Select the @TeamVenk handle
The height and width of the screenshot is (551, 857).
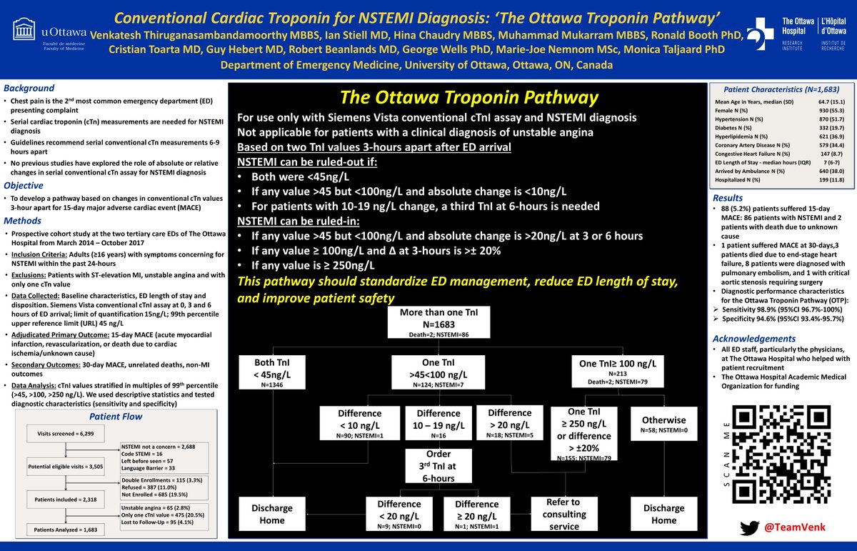[791, 528]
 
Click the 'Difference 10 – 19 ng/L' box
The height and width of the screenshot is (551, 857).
[438, 422]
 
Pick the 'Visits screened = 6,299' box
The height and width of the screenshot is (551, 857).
[65, 433]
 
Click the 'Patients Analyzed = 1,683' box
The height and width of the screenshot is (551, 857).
[65, 530]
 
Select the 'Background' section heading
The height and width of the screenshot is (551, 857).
[29, 88]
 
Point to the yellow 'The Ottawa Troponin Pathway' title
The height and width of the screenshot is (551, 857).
[469, 96]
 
